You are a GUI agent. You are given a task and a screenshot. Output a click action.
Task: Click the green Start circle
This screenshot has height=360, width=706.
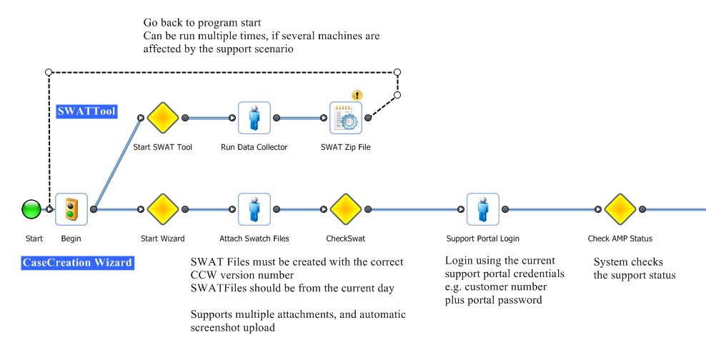click(x=31, y=209)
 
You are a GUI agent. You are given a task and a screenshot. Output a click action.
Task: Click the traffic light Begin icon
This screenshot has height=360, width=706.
click(x=71, y=209)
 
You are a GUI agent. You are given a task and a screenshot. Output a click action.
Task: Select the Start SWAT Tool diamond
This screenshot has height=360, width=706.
click(x=162, y=118)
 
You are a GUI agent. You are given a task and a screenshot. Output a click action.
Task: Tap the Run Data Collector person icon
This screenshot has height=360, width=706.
click(x=254, y=118)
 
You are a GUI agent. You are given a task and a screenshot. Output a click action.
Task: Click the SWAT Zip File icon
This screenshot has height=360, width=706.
click(x=346, y=119)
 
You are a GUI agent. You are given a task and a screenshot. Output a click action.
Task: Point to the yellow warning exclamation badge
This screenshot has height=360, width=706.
click(x=357, y=95)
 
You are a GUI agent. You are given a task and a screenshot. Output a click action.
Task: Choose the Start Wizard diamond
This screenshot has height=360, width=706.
click(x=162, y=209)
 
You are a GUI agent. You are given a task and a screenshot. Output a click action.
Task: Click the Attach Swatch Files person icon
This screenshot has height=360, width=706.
click(x=254, y=209)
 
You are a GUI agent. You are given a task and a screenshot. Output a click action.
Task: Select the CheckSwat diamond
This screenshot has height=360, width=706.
click(x=346, y=209)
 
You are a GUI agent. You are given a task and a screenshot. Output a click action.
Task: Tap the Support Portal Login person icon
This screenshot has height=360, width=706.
click(x=482, y=209)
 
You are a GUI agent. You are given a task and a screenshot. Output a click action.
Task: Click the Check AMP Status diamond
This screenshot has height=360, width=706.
click(x=620, y=209)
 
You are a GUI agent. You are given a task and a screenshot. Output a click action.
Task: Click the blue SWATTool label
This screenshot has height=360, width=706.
click(x=86, y=111)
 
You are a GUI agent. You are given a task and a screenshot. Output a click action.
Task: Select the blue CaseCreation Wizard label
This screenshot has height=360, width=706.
click(x=77, y=262)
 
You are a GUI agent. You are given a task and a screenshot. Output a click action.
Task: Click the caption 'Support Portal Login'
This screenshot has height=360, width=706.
click(x=482, y=239)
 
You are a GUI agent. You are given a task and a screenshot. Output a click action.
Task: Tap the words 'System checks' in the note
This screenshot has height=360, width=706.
click(x=628, y=262)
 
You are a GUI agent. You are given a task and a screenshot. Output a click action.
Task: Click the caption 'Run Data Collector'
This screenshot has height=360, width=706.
click(x=254, y=147)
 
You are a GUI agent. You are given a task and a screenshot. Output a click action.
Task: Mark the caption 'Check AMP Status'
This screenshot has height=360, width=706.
click(x=620, y=239)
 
